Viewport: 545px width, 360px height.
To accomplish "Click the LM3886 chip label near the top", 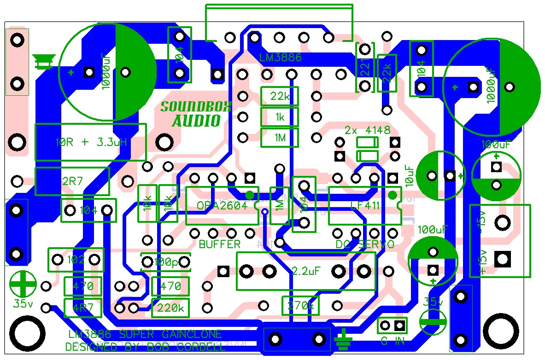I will tap(280, 58).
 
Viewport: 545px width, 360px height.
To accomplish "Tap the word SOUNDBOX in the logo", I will tap(195, 107).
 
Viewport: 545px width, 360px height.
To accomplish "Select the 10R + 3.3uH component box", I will tap(90, 142).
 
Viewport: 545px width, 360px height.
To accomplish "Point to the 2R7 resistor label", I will tap(72, 181).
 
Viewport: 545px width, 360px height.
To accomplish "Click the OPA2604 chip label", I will tap(222, 206).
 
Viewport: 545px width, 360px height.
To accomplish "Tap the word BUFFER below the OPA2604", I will tap(220, 244).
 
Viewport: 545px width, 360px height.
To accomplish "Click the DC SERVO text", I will tap(365, 244).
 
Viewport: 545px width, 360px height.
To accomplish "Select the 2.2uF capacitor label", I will tap(306, 271).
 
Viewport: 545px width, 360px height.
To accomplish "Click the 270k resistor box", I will tap(300, 305).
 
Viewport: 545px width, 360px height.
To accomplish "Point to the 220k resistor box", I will tap(170, 308).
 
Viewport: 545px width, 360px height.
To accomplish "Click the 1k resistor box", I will tap(280, 117).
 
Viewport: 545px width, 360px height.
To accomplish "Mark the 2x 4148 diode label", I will tap(367, 129).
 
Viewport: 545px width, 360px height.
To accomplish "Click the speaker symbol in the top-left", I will tap(44, 61).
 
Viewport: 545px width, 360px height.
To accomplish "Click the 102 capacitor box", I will tap(76, 260).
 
